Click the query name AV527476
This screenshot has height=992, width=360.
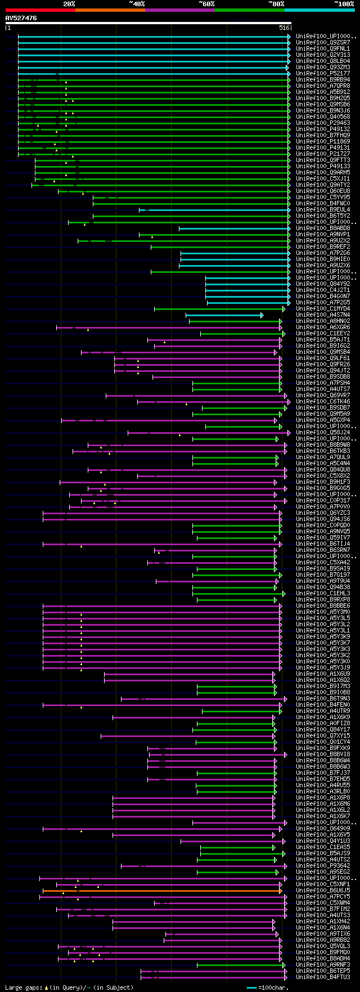pyautogui.click(x=21, y=18)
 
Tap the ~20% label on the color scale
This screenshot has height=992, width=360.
pyautogui.click(x=69, y=4)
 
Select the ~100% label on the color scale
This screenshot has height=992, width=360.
pyautogui.click(x=344, y=4)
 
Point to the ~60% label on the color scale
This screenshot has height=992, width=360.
pyautogui.click(x=206, y=4)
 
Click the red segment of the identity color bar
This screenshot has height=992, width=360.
pyautogui.click(x=40, y=10)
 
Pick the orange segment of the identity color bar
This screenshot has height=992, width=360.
pyautogui.click(x=110, y=10)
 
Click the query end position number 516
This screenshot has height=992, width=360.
pyautogui.click(x=284, y=28)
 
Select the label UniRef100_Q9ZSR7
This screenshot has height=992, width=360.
pyautogui.click(x=323, y=43)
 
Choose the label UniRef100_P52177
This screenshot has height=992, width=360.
pyautogui.click(x=323, y=74)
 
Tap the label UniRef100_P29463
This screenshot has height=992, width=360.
pyautogui.click(x=323, y=123)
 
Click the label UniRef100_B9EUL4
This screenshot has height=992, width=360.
pyautogui.click(x=323, y=210)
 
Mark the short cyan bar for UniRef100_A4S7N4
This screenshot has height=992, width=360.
pyautogui.click(x=224, y=315)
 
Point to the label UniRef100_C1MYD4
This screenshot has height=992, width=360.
pyautogui.click(x=323, y=309)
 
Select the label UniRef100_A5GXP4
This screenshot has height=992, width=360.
pyautogui.click(x=323, y=420)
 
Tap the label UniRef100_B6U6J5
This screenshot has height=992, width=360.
pyautogui.click(x=323, y=891)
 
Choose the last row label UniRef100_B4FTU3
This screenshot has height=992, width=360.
pyautogui.click(x=323, y=977)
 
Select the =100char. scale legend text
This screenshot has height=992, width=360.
pyautogui.click(x=273, y=987)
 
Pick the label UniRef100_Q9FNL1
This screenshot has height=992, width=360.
pyautogui.click(x=323, y=49)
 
